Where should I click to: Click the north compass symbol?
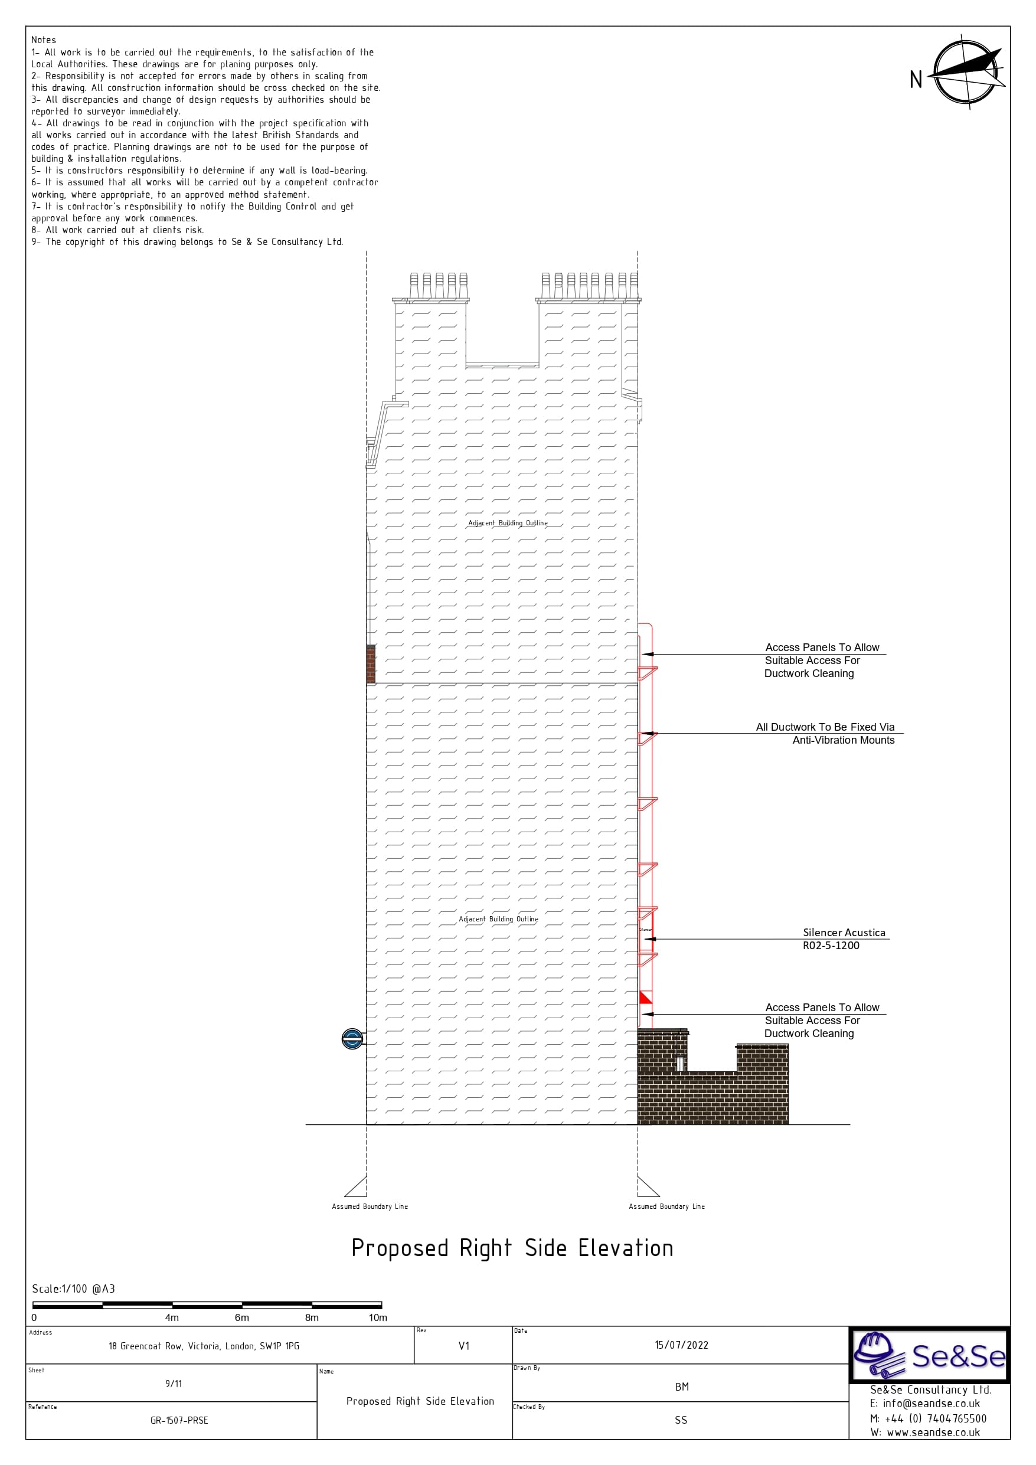pos(966,72)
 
